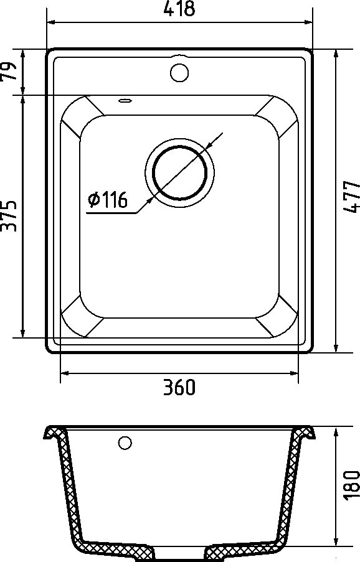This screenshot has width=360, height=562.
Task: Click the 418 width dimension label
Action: (x=179, y=9)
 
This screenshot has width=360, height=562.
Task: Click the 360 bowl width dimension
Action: (x=179, y=387)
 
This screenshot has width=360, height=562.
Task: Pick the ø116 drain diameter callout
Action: (x=108, y=200)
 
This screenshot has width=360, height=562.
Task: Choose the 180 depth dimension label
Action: (x=352, y=484)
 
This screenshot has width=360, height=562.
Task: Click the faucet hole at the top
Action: (x=179, y=72)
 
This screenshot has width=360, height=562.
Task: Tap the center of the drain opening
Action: (x=179, y=172)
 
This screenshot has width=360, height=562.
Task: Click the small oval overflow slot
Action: (x=125, y=101)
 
